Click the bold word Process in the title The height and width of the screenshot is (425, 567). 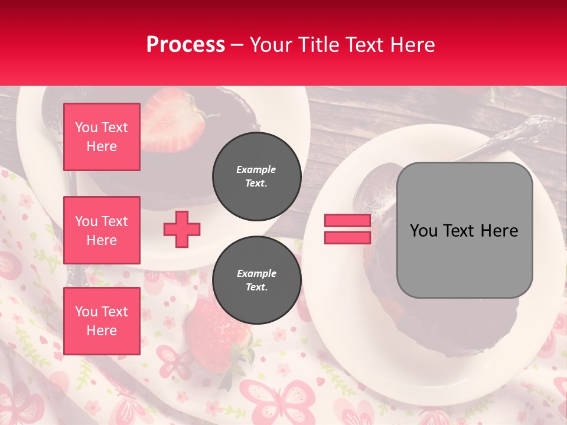click(x=185, y=45)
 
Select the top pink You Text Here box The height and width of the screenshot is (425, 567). click(x=102, y=137)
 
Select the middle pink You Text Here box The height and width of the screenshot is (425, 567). click(x=102, y=230)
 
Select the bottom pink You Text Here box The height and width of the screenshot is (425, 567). click(x=102, y=321)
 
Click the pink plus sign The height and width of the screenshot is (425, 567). click(x=182, y=229)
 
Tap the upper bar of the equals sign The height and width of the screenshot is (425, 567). click(x=347, y=220)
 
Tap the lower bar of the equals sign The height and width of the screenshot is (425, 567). click(x=347, y=237)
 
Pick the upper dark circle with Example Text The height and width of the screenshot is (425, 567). click(x=257, y=176)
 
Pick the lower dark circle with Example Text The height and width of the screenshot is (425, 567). click(x=257, y=280)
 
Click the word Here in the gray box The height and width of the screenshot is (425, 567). click(x=499, y=231)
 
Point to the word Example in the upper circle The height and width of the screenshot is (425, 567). click(x=256, y=169)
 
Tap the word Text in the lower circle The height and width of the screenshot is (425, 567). click(x=256, y=287)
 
